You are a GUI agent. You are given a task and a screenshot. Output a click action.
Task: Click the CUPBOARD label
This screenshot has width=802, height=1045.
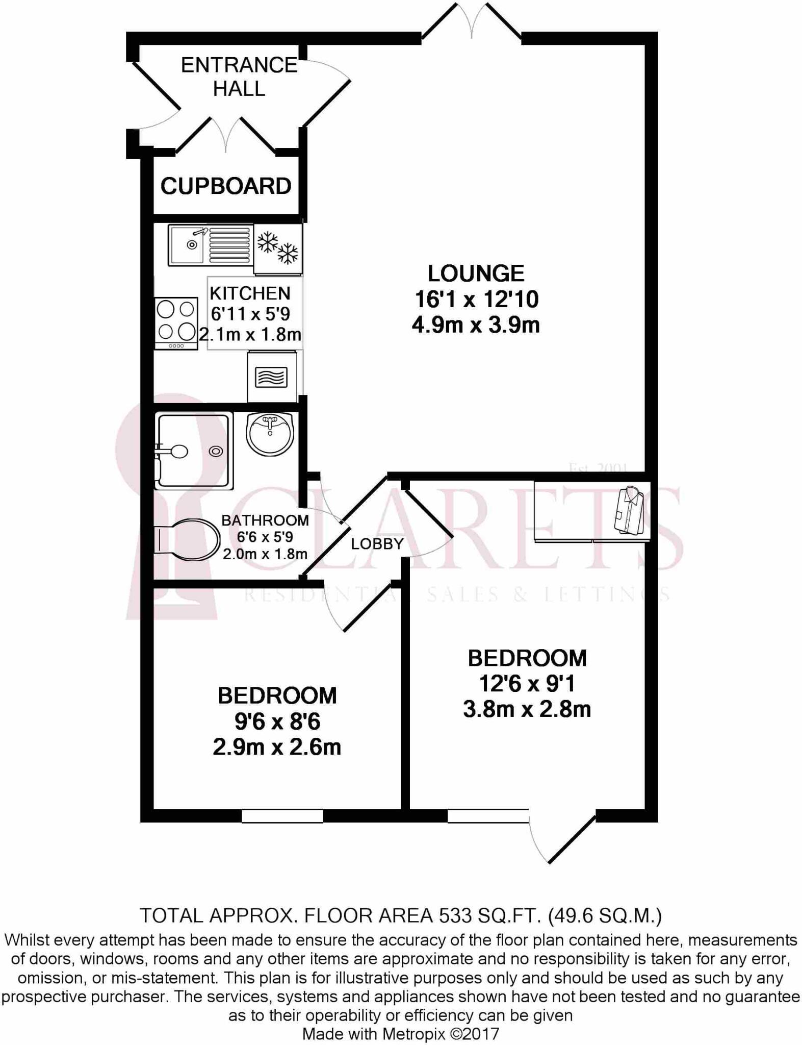pos(226,186)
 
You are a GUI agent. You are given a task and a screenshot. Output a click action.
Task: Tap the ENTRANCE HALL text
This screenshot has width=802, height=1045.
pos(239,77)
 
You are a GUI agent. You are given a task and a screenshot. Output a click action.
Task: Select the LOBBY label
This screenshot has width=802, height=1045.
pos(377,543)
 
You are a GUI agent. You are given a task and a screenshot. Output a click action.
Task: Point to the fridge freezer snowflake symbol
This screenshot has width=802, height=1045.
pos(278,247)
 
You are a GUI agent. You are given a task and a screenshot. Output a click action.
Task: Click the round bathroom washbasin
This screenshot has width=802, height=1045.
pos(270,433)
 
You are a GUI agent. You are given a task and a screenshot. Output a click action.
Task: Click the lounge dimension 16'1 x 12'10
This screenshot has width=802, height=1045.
pos(476,299)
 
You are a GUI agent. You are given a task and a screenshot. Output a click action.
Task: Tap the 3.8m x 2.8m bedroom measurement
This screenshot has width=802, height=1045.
pos(527,709)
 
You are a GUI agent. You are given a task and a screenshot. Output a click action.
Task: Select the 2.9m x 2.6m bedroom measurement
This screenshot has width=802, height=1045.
pos(277,747)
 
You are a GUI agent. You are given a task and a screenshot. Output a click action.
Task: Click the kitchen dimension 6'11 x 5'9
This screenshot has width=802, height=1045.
pos(250,313)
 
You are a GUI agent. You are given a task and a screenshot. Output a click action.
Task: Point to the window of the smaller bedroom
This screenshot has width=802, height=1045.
pos(282,816)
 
